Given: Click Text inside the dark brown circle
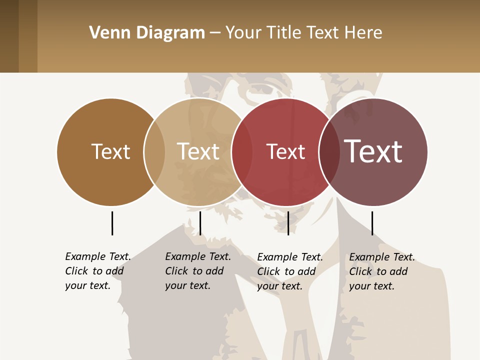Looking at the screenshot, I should [x=110, y=151].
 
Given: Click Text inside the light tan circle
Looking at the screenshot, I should [x=198, y=151].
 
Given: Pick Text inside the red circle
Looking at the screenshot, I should [x=285, y=151].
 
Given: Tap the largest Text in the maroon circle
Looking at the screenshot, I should [x=373, y=151].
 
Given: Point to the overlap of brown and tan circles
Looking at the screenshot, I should [x=154, y=152].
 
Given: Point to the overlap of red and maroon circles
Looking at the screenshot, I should [x=329, y=152].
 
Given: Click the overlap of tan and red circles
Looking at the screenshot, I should [x=242, y=152].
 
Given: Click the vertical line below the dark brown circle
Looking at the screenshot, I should [x=112, y=223].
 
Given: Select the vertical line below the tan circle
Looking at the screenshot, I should [x=200, y=223].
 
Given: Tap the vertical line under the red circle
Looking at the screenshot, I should [x=288, y=223].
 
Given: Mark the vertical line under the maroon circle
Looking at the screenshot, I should [x=372, y=223].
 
